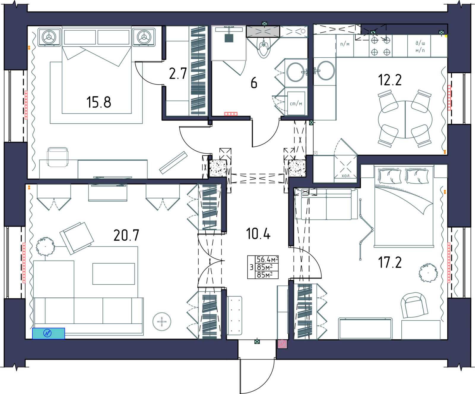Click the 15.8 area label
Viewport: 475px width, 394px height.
point(99,102)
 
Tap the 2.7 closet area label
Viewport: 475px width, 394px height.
point(178,73)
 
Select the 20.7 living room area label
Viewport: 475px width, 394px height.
point(126,235)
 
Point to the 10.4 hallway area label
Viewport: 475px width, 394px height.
point(258,234)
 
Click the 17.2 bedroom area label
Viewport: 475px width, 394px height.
point(390,262)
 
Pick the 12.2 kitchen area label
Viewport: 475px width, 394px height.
point(390,80)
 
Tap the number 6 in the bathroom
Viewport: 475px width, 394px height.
point(254,83)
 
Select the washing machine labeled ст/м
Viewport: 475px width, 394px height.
point(296,103)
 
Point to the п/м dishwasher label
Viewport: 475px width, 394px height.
point(345,44)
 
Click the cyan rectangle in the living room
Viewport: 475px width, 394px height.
point(48,333)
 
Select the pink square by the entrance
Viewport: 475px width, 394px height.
point(282,344)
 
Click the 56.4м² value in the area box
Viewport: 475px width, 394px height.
point(267,259)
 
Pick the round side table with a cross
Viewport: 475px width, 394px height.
point(162,322)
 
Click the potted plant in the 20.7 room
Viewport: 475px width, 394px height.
point(45,246)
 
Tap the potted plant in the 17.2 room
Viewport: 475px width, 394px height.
point(428,273)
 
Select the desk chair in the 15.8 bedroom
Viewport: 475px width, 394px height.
point(58,157)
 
